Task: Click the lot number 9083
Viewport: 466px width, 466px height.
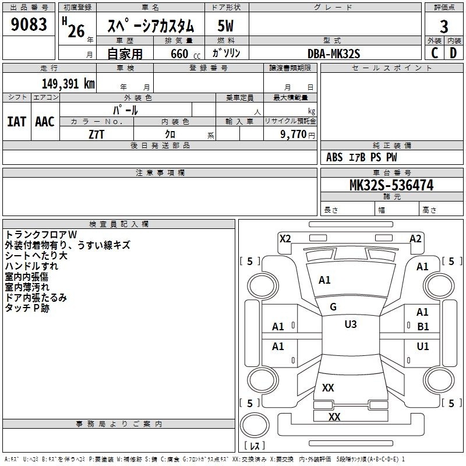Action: [29, 24]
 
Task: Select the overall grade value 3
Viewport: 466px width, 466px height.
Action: [444, 27]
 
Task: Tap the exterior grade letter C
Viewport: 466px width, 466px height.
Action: [435, 53]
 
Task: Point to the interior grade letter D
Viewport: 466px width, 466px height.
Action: [453, 53]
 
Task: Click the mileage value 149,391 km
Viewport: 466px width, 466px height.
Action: [68, 84]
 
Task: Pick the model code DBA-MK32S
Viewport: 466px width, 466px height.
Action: [334, 54]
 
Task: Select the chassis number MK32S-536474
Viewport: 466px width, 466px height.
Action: [391, 185]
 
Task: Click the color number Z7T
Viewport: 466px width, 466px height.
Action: [96, 135]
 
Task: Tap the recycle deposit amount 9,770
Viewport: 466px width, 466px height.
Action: [294, 135]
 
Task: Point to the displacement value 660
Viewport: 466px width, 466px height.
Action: [179, 54]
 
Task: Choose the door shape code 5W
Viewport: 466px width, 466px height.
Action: [225, 26]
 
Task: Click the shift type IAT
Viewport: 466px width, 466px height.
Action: [16, 122]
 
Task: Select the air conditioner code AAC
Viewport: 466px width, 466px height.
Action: [45, 122]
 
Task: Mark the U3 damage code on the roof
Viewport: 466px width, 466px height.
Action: [351, 324]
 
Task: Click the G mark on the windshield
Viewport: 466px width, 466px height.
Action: [333, 307]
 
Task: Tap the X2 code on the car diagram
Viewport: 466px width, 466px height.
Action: [285, 239]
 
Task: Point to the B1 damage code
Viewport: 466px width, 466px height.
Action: [423, 327]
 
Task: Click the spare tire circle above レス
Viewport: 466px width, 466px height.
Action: [255, 425]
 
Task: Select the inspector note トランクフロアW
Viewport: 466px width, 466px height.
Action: [41, 235]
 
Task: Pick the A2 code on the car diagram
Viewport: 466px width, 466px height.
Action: [415, 239]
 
